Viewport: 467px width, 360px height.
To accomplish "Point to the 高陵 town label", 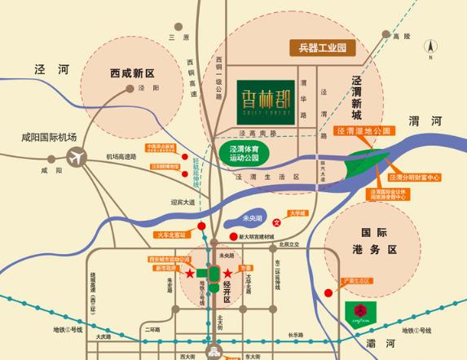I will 399,37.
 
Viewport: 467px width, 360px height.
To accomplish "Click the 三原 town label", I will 172,37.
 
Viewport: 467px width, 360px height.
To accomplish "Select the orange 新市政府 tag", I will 165,268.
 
